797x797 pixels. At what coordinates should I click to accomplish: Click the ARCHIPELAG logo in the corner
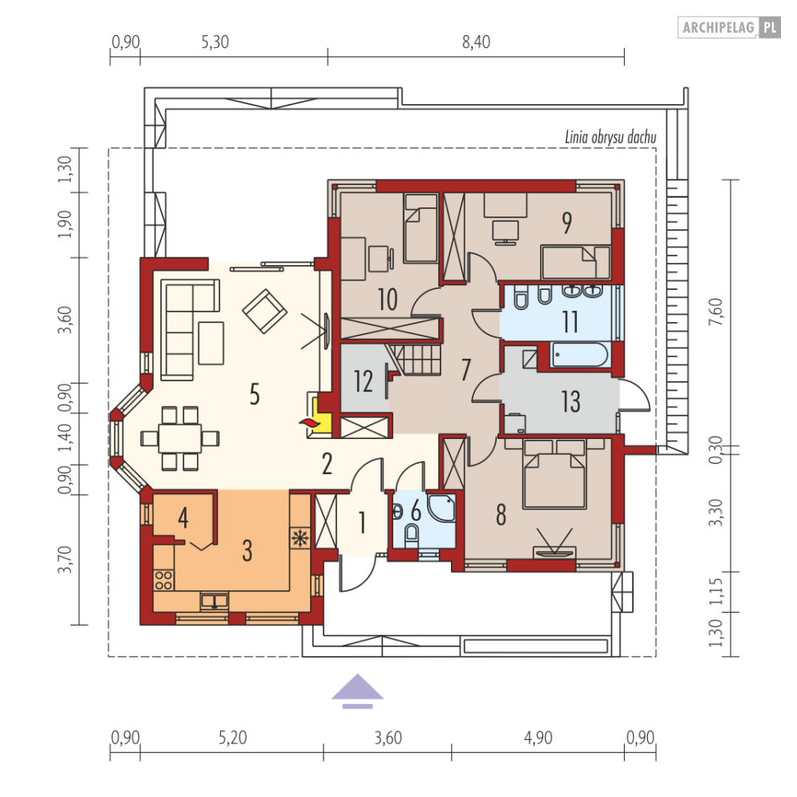pyautogui.click(x=729, y=27)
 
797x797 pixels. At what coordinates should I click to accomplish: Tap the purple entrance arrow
pyautogui.click(x=358, y=690)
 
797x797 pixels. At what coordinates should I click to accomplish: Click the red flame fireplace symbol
pyautogui.click(x=307, y=423)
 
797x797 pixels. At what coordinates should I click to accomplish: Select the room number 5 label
pyautogui.click(x=255, y=394)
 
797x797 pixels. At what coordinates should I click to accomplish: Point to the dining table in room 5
pyautogui.click(x=180, y=438)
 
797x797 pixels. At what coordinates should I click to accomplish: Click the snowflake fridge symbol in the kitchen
pyautogui.click(x=300, y=537)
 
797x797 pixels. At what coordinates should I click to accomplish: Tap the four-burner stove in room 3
pyautogui.click(x=163, y=581)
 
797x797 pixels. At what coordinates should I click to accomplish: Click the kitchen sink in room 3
pyautogui.click(x=215, y=602)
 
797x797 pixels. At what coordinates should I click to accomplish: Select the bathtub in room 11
pyautogui.click(x=579, y=354)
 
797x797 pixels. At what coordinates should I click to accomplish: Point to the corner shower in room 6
pyautogui.click(x=441, y=507)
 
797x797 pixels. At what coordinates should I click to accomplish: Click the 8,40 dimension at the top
pyautogui.click(x=477, y=42)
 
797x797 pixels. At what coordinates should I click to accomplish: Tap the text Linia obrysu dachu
pyautogui.click(x=610, y=137)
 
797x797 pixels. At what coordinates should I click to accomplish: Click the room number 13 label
pyautogui.click(x=571, y=401)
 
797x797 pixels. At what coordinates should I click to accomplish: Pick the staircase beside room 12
pyautogui.click(x=414, y=360)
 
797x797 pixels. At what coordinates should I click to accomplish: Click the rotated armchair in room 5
pyautogui.click(x=265, y=311)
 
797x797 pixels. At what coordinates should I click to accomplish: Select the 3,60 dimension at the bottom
pyautogui.click(x=388, y=738)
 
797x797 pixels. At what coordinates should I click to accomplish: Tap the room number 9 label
pyautogui.click(x=567, y=223)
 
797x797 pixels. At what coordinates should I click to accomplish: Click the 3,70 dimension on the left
pyautogui.click(x=65, y=559)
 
